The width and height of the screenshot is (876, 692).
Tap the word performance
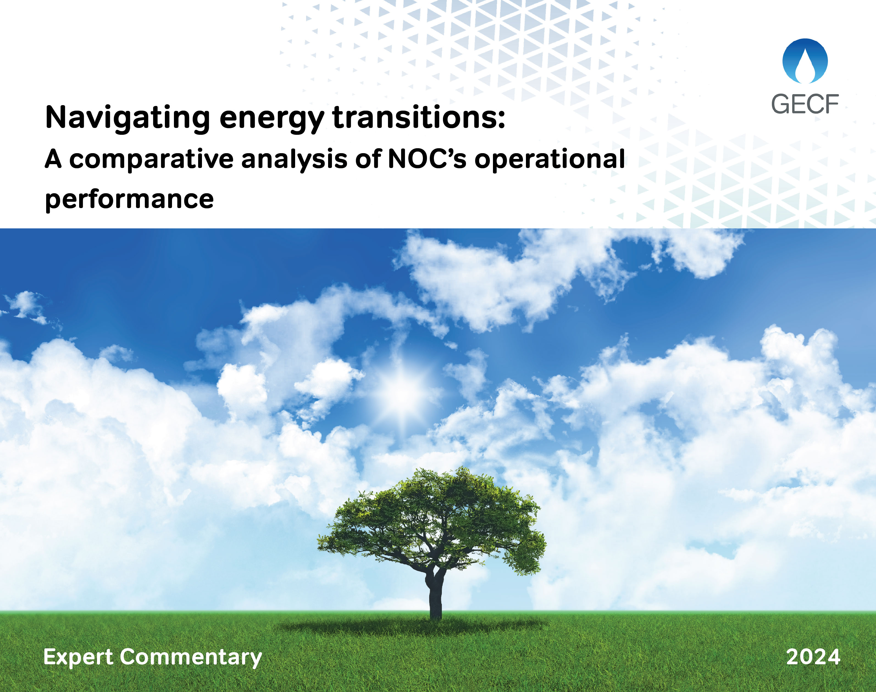point(129,199)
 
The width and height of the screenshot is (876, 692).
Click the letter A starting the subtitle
point(53,159)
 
